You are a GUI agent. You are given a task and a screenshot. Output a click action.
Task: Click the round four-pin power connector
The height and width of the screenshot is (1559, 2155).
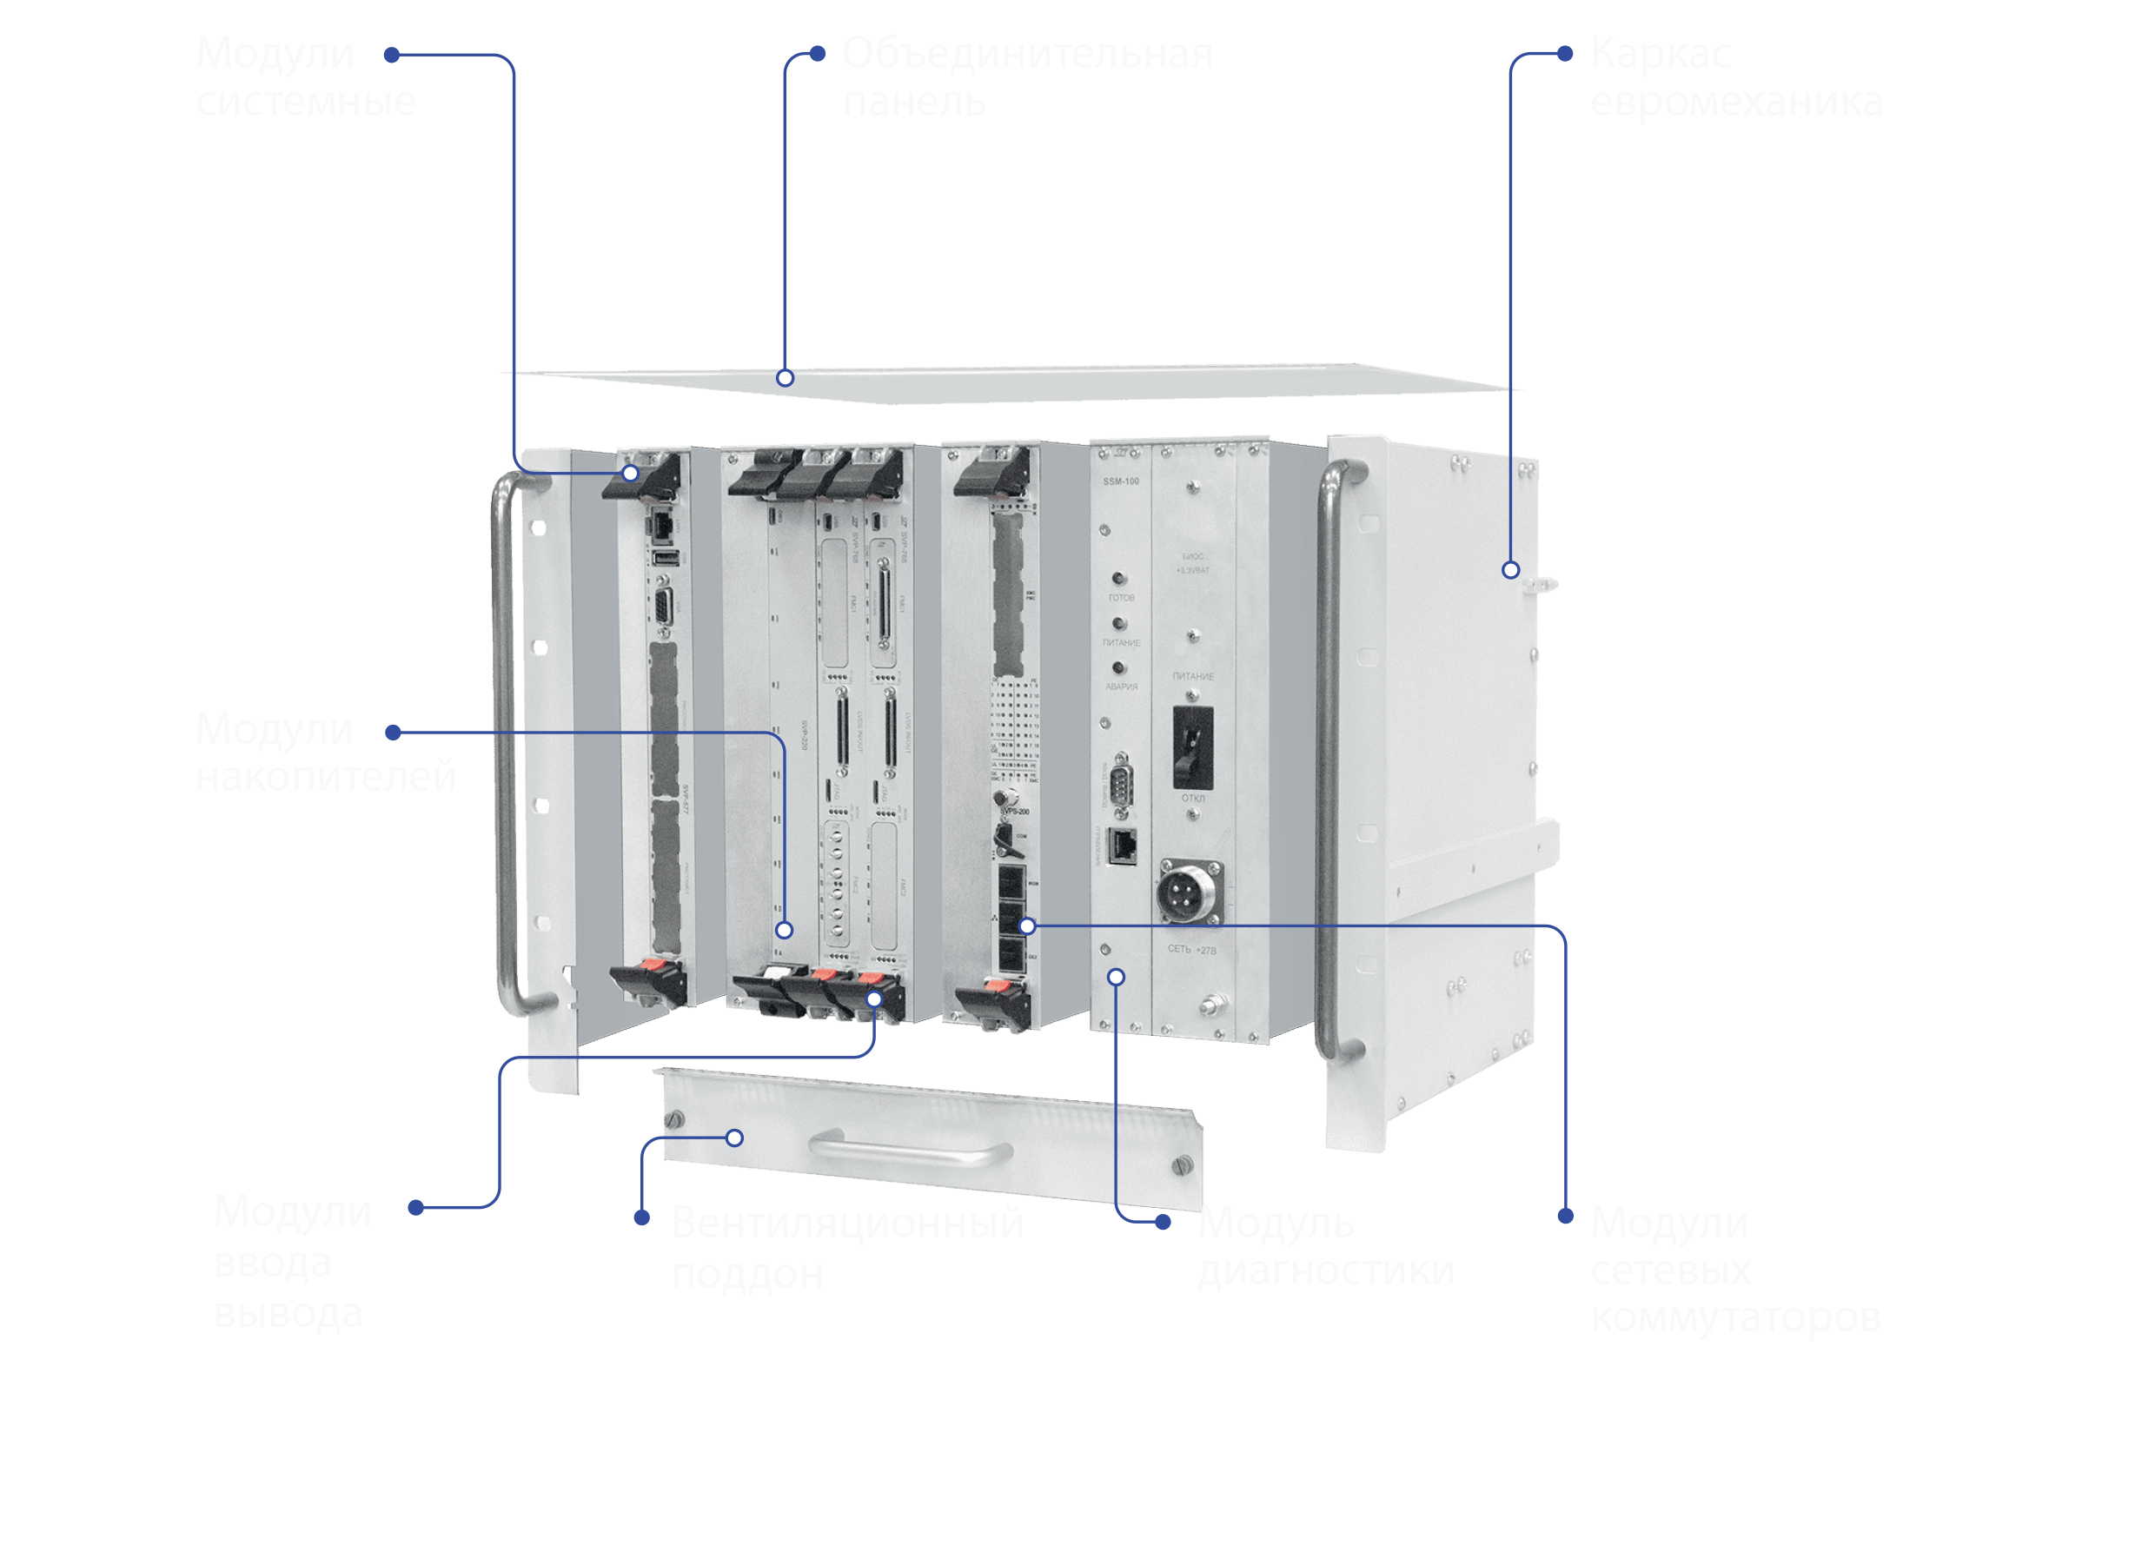click(1188, 892)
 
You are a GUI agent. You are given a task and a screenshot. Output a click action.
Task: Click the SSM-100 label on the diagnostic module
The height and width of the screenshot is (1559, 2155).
click(1120, 481)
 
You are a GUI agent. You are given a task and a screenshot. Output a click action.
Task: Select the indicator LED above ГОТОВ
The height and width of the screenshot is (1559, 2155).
click(1119, 579)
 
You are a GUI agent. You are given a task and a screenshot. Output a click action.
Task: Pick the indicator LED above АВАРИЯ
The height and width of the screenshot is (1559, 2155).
click(1119, 668)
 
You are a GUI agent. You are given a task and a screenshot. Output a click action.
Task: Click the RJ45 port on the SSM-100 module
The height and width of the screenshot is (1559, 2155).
click(1124, 846)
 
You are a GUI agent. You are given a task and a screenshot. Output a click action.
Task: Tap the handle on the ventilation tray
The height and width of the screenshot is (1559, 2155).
click(911, 1149)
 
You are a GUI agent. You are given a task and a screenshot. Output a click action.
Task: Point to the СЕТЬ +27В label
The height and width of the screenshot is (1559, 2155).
click(1190, 949)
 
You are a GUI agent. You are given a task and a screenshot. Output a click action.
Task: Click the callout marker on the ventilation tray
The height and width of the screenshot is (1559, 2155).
click(734, 1138)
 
